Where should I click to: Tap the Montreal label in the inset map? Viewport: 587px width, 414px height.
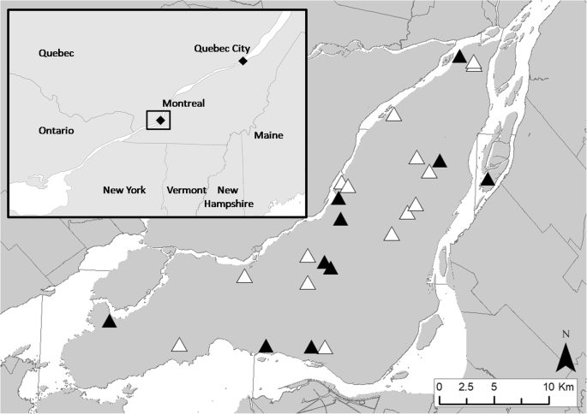coord(183,103)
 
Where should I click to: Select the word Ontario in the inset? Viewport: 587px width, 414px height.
coord(57,131)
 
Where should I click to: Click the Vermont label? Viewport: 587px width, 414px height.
coord(187,190)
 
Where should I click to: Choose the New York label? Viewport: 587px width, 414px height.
coord(124,190)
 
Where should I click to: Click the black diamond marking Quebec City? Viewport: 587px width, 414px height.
coord(243,62)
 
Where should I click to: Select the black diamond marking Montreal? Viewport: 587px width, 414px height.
coord(160,121)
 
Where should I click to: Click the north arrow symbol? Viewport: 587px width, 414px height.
coord(565,357)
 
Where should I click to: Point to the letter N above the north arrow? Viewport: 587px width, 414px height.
coord(566,334)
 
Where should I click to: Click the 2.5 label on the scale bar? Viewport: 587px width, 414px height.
coord(466,387)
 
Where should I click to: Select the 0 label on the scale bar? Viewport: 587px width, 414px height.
coord(439,387)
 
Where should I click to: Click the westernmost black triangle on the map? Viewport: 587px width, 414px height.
coord(109,322)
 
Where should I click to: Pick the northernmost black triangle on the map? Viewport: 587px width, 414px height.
coord(459,57)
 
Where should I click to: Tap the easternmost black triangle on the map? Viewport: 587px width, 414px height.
coord(488,180)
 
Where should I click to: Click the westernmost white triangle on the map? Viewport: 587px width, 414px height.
coord(179,346)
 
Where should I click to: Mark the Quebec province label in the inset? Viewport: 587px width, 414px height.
coord(57,53)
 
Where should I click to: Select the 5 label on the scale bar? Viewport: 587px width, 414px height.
coord(494,387)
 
